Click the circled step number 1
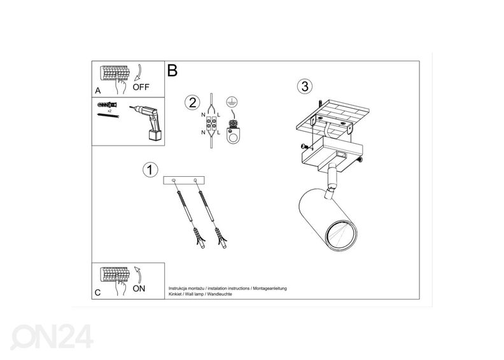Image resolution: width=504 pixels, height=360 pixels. (x=150, y=170)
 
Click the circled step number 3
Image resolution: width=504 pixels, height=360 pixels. (x=305, y=86)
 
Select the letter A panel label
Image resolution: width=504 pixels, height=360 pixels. (x=98, y=90)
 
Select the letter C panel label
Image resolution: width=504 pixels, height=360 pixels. (x=97, y=293)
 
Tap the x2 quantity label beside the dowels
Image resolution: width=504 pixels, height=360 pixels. (x=109, y=110)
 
